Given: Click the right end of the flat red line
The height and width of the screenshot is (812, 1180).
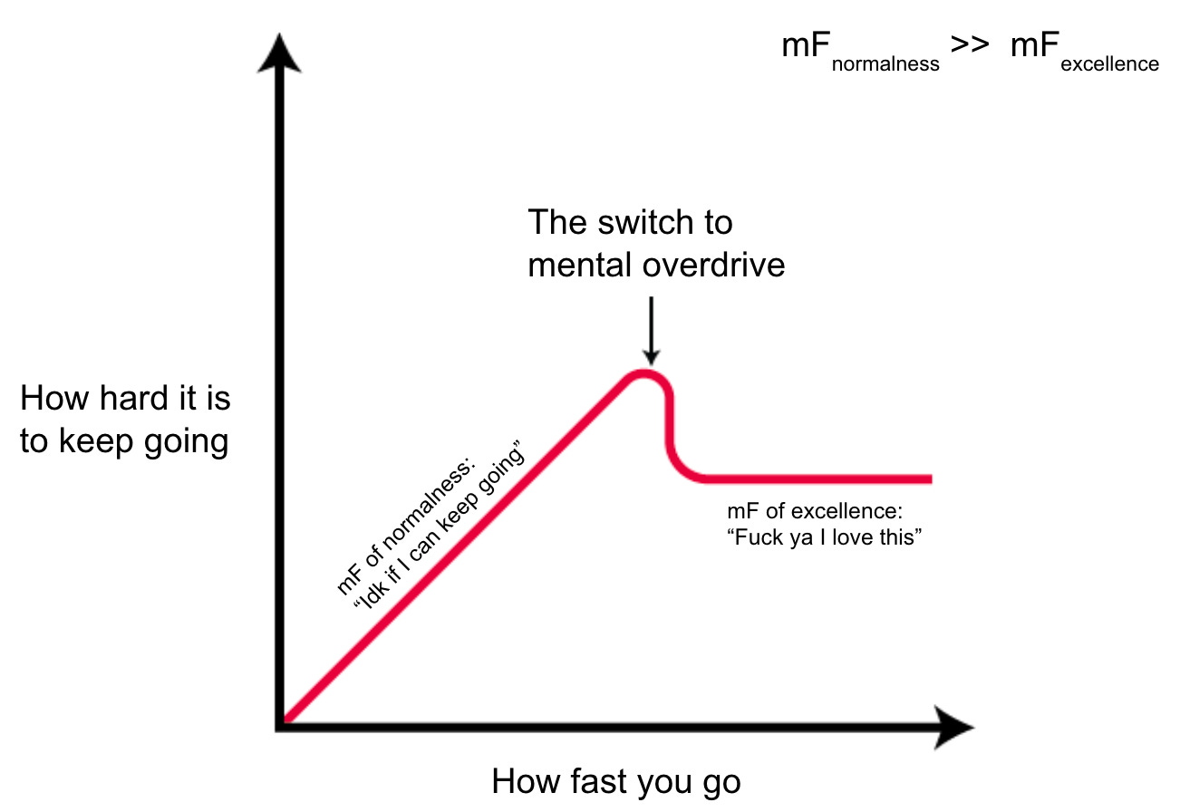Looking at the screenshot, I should pyautogui.click(x=928, y=478).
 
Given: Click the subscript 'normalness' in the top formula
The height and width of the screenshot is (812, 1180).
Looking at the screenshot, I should pyautogui.click(x=885, y=65).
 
